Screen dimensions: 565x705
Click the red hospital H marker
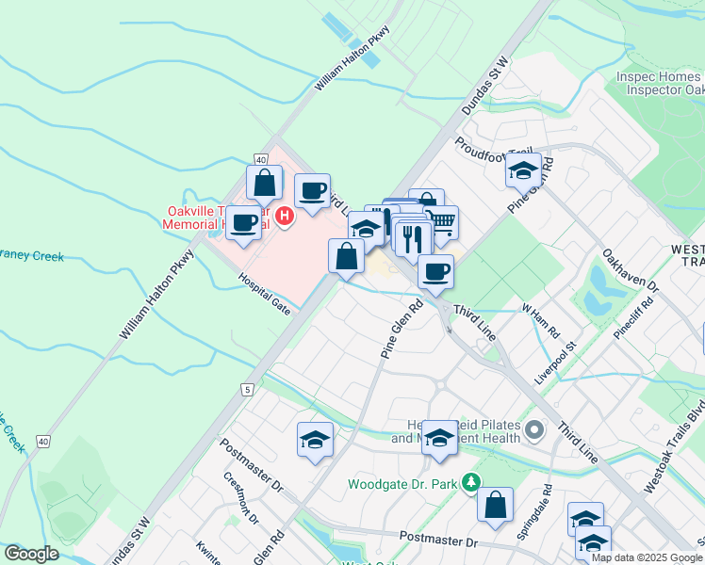(285, 218)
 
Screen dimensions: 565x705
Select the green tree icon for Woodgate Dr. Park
(468, 484)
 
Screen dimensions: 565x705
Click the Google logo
(30, 554)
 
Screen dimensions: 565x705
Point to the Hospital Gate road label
(264, 294)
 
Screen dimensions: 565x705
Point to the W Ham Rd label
(541, 321)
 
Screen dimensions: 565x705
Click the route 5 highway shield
(246, 388)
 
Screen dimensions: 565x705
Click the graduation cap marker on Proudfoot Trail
(523, 170)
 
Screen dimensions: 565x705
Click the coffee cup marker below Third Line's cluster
(435, 272)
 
